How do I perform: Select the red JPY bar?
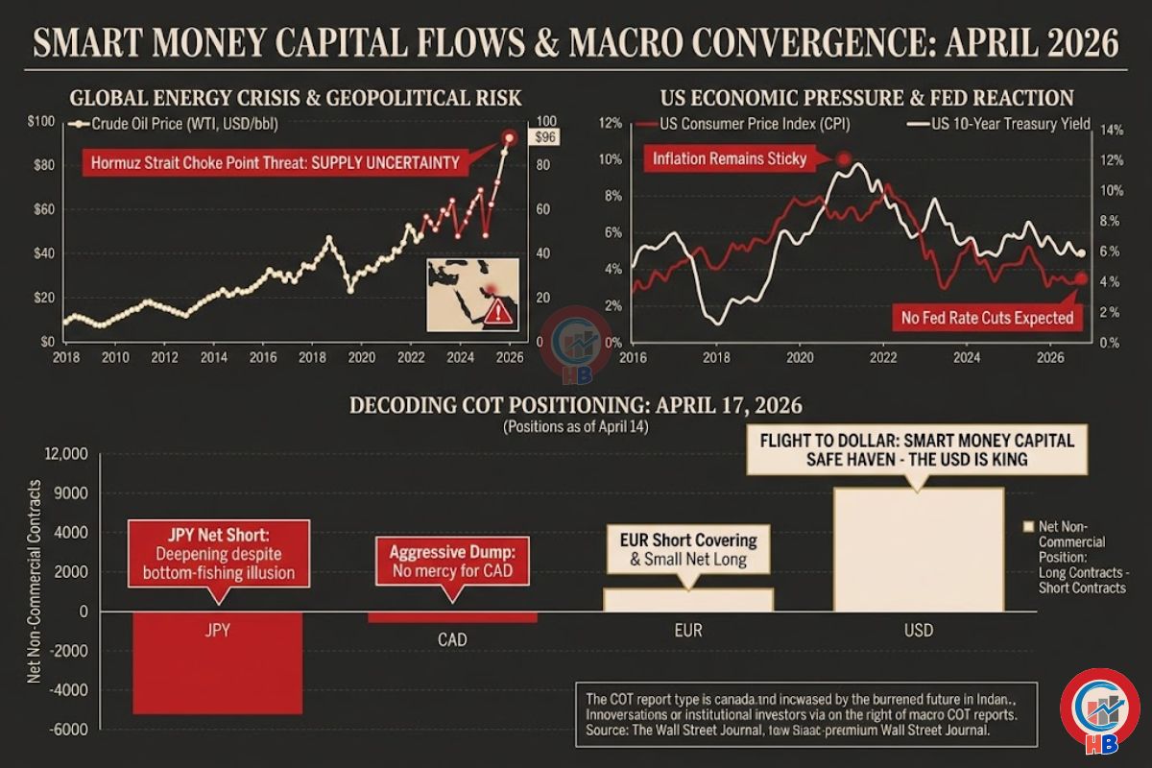coord(217,662)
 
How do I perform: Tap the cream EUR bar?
coord(688,599)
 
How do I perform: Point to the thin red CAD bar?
coord(452,617)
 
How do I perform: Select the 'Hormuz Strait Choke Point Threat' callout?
coord(275,163)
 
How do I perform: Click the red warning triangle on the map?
coord(499,312)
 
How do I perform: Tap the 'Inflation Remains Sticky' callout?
coord(730,158)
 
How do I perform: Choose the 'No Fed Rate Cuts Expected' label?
coord(987,317)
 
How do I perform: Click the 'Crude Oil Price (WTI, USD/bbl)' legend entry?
coord(178,123)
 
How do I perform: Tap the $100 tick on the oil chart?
coord(43,121)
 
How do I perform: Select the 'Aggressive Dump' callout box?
coord(452,562)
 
